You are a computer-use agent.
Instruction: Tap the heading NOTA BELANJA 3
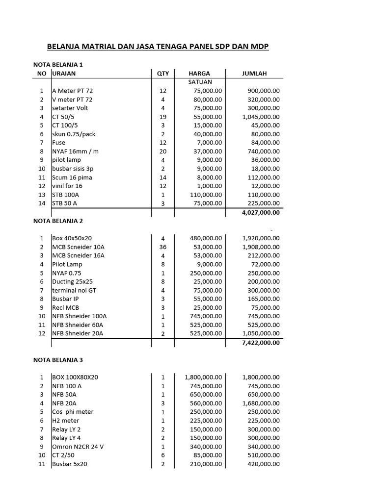[58, 360]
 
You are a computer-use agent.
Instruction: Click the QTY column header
[163, 74]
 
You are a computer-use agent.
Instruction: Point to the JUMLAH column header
[254, 74]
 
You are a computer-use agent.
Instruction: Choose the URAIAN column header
[64, 74]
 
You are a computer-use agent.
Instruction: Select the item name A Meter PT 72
[72, 91]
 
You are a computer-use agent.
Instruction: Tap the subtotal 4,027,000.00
[261, 213]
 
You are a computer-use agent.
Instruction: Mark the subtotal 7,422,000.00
[261, 343]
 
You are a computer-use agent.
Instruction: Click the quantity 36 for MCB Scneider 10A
[163, 247]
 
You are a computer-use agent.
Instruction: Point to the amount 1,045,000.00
[261, 117]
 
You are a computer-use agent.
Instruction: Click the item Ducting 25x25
[72, 281]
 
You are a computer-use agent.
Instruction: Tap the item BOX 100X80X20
[75, 377]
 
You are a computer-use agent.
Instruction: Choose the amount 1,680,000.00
[261, 403]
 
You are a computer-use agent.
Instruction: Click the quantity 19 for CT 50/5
[163, 117]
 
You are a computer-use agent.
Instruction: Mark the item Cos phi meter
[73, 412]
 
